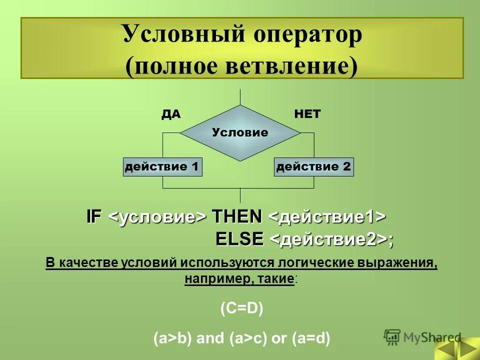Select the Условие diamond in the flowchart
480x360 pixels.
(x=240, y=132)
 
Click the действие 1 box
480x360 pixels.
(x=162, y=166)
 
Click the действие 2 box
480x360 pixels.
(x=314, y=166)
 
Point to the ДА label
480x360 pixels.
(x=170, y=114)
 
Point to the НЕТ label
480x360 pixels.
(x=307, y=114)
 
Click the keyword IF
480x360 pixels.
(x=94, y=217)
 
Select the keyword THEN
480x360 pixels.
(x=237, y=217)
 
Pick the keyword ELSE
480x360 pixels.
(x=239, y=239)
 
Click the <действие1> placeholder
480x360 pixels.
(x=327, y=217)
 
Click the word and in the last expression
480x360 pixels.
(x=211, y=338)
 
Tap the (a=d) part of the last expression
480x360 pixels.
(x=310, y=338)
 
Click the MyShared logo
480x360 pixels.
(x=422, y=336)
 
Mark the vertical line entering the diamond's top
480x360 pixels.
(x=240, y=97)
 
